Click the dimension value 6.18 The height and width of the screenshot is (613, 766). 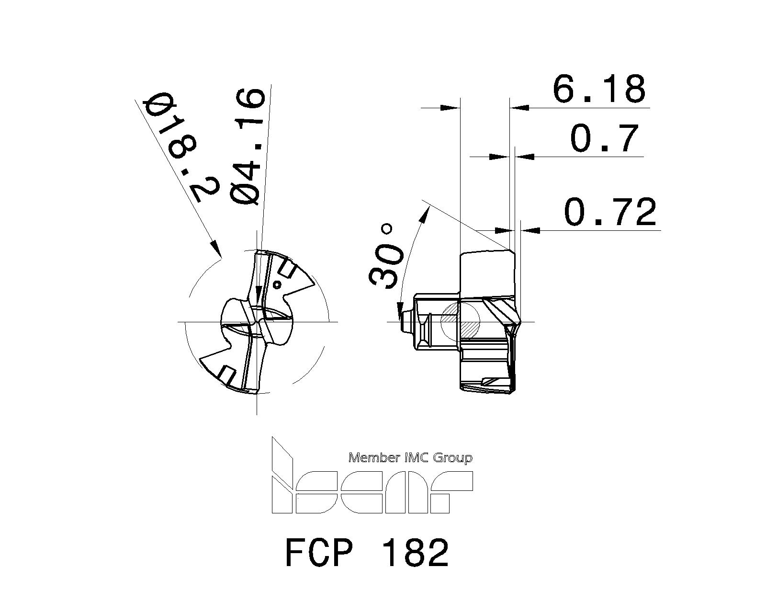click(x=599, y=89)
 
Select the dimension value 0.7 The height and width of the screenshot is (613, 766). click(x=605, y=138)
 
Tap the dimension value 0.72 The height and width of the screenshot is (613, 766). click(x=610, y=212)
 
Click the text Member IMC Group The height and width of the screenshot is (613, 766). click(x=410, y=458)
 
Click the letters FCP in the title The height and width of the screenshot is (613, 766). click(x=319, y=552)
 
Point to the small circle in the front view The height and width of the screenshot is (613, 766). click(x=276, y=285)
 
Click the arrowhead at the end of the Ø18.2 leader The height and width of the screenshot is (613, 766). click(x=216, y=249)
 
